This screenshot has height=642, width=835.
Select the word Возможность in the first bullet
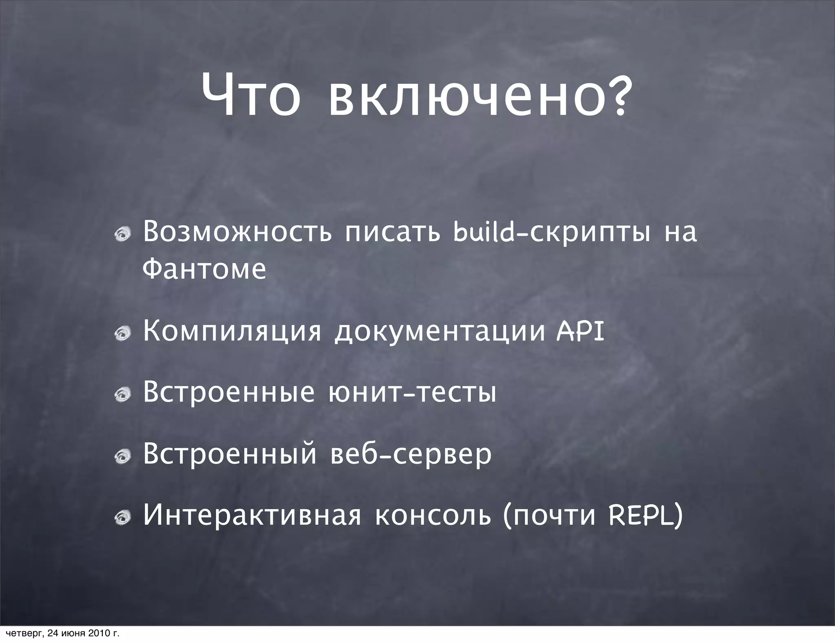click(x=237, y=232)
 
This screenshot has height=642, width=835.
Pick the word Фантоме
click(x=204, y=268)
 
